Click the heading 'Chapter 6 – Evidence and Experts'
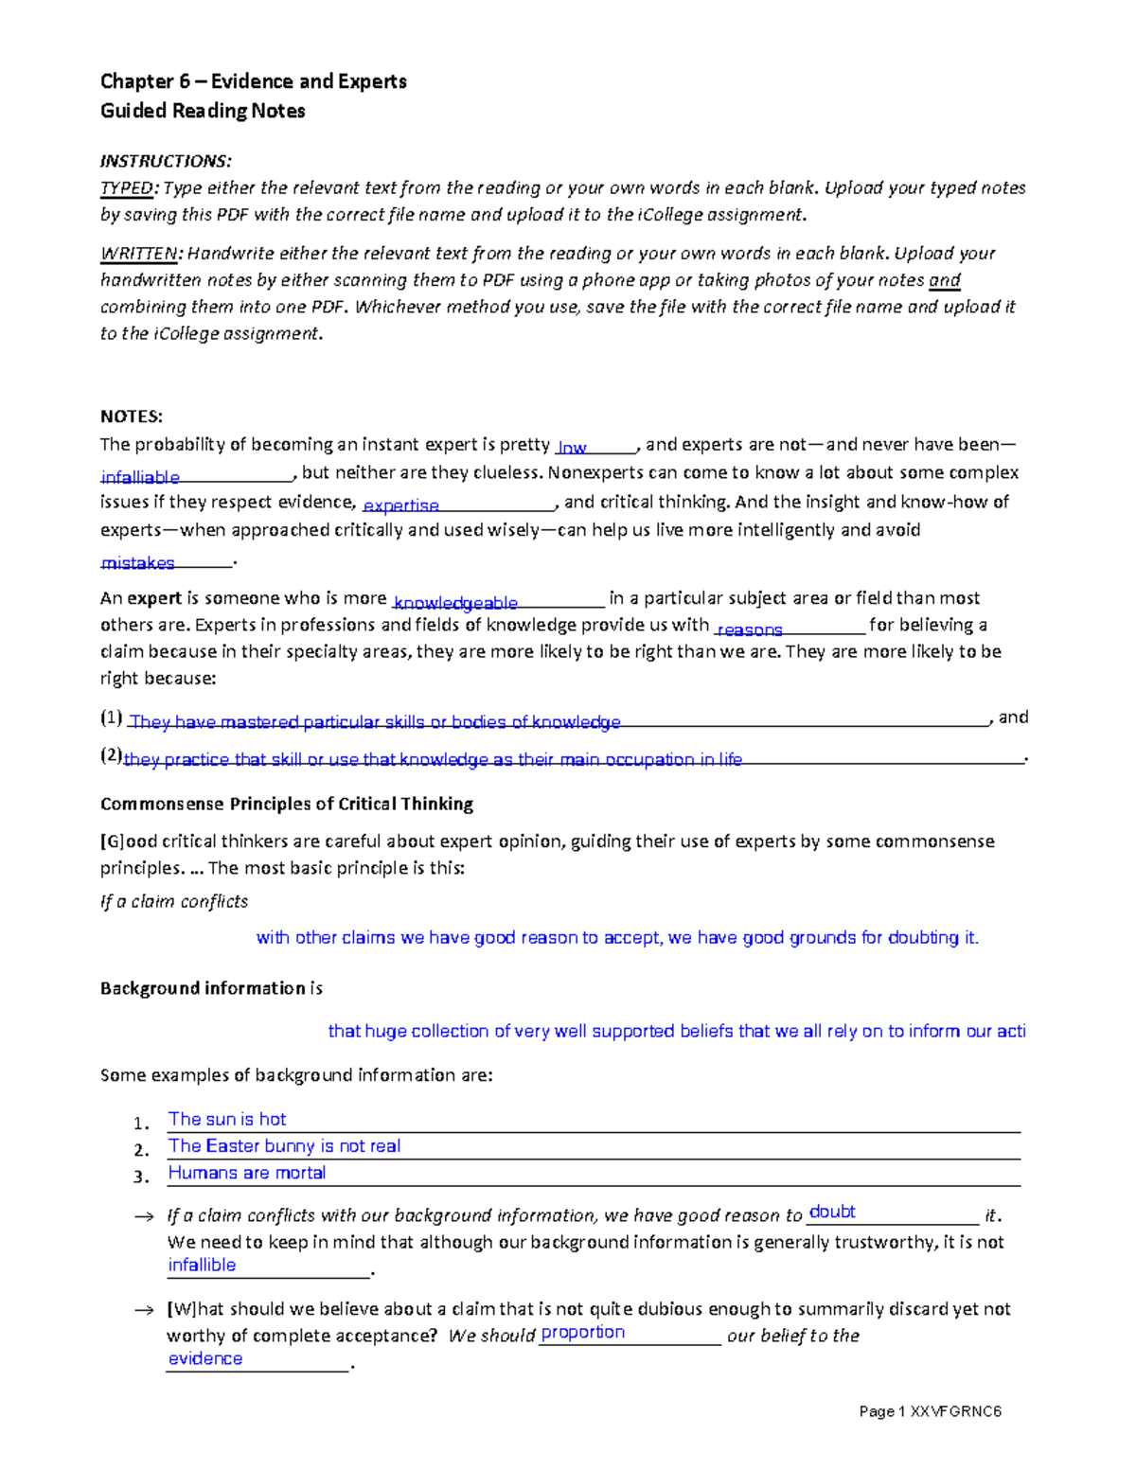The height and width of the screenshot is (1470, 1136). [253, 81]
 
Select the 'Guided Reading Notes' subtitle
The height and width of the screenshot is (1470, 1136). [203, 111]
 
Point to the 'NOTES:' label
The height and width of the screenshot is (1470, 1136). [132, 416]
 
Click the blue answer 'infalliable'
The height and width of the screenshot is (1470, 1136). [140, 477]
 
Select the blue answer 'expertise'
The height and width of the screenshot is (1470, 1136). [401, 505]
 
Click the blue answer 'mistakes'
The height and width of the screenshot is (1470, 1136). [138, 563]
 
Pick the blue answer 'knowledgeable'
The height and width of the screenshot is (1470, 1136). [455, 603]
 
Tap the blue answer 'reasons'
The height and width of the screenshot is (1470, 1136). [750, 629]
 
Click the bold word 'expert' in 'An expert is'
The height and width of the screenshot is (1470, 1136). [154, 598]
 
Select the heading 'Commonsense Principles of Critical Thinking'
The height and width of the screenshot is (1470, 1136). [287, 804]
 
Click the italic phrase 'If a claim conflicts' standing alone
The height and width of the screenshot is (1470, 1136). [174, 901]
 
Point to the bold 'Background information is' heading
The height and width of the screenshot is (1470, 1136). [211, 988]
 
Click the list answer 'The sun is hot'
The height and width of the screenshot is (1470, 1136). [227, 1119]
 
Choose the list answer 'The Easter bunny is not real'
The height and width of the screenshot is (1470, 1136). [284, 1146]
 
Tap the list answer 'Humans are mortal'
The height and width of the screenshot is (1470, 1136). [247, 1173]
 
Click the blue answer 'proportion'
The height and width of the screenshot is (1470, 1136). [582, 1332]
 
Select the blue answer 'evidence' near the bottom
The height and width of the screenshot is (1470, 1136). [205, 1358]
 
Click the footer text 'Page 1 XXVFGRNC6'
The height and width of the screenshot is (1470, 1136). [930, 1411]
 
